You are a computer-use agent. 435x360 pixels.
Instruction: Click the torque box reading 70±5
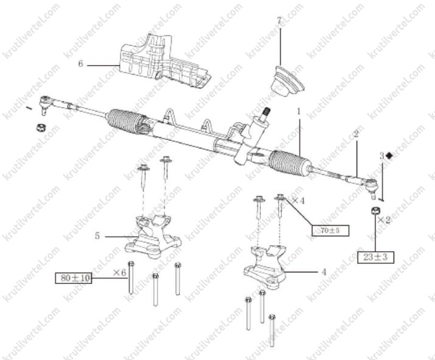tap(330, 230)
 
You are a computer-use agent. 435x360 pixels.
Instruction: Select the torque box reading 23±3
tap(375, 257)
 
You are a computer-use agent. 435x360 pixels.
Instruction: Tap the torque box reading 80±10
tap(74, 278)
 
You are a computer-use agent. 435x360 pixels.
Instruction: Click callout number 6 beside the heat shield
tap(80, 64)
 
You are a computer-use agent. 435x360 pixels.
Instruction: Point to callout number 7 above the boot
tap(279, 20)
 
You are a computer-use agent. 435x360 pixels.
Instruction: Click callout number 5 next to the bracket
tap(97, 236)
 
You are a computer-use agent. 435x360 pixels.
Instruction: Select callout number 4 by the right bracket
tap(324, 272)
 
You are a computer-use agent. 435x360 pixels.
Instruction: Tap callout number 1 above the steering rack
tap(299, 111)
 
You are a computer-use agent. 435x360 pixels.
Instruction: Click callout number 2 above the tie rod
tap(356, 134)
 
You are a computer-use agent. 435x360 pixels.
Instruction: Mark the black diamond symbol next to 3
tap(389, 156)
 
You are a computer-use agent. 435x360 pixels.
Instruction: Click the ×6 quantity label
tap(120, 272)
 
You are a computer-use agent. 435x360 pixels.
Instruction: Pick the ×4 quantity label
tap(298, 201)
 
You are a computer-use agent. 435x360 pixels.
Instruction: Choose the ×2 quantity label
tap(384, 220)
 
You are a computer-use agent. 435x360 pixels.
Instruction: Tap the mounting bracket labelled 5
tap(152, 237)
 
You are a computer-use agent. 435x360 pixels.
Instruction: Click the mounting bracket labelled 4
tap(264, 266)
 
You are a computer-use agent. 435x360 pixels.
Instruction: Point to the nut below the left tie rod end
tap(41, 128)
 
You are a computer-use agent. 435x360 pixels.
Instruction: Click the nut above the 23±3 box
tap(375, 210)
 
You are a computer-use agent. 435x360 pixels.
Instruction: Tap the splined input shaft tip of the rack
tap(266, 111)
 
